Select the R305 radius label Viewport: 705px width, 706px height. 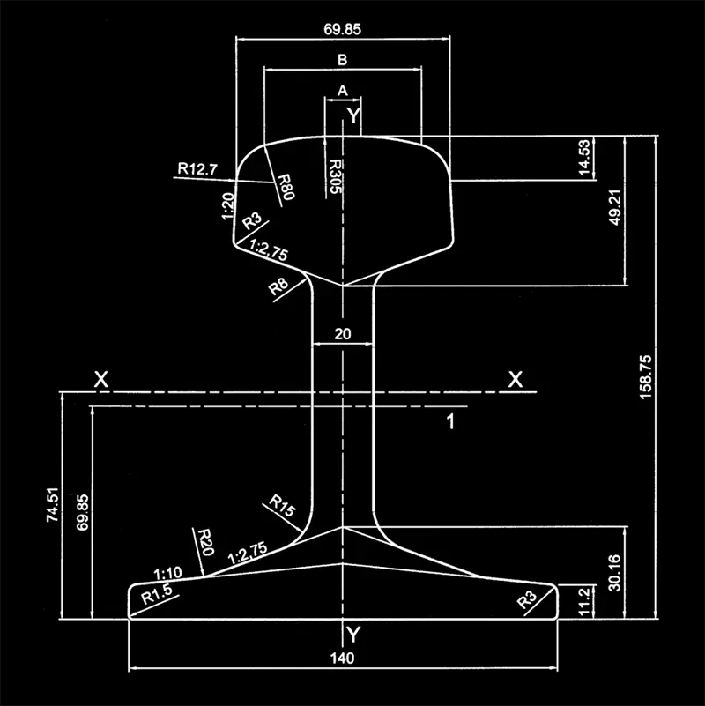click(336, 175)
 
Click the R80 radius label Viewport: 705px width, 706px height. click(284, 187)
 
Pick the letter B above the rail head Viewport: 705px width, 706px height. click(343, 60)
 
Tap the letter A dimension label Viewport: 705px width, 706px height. click(343, 90)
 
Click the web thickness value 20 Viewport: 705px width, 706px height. click(343, 333)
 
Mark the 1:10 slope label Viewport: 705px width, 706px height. click(167, 573)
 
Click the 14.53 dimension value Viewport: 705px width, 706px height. click(583, 159)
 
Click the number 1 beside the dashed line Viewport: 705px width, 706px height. click(449, 422)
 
